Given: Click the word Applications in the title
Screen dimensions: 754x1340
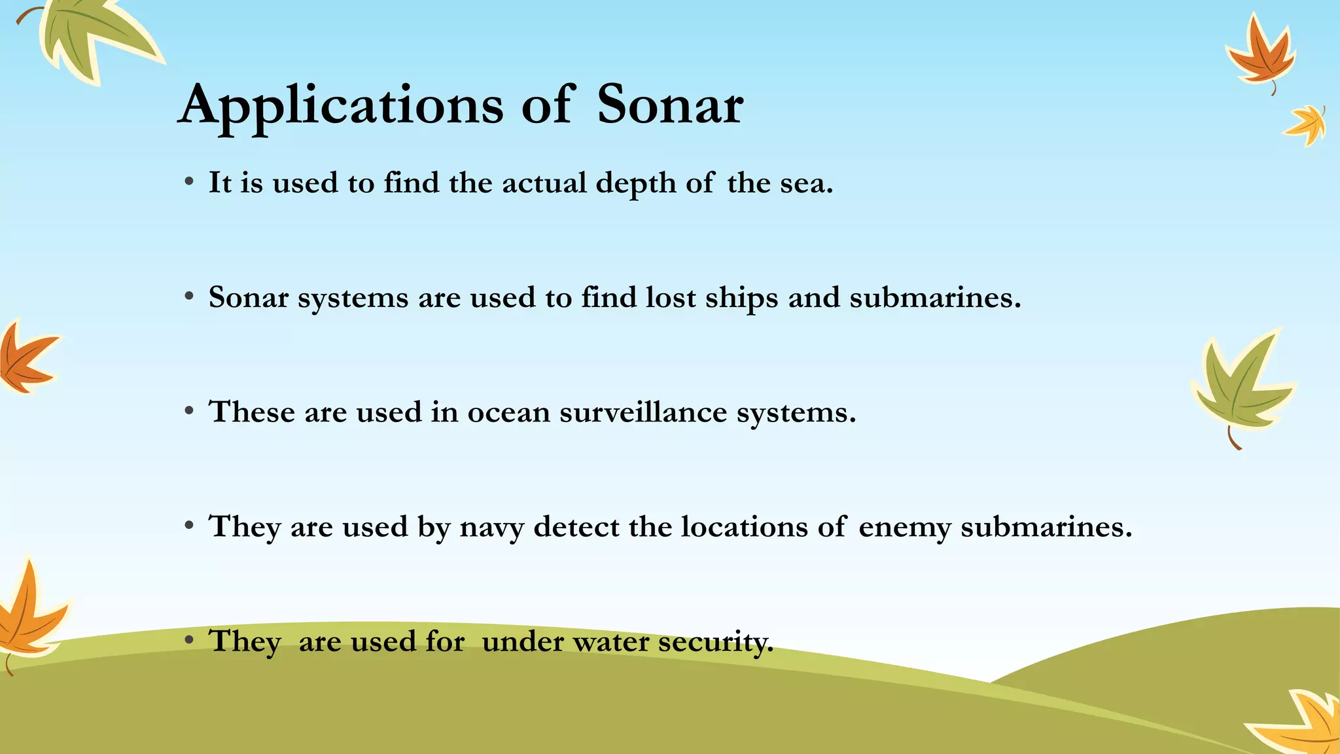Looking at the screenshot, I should [341, 106].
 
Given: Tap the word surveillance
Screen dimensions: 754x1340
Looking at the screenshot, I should [643, 412].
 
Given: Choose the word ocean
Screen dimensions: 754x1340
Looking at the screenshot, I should [508, 413].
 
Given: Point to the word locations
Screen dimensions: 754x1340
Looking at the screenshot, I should [744, 527].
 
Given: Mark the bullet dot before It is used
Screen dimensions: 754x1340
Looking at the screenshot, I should [189, 183].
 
